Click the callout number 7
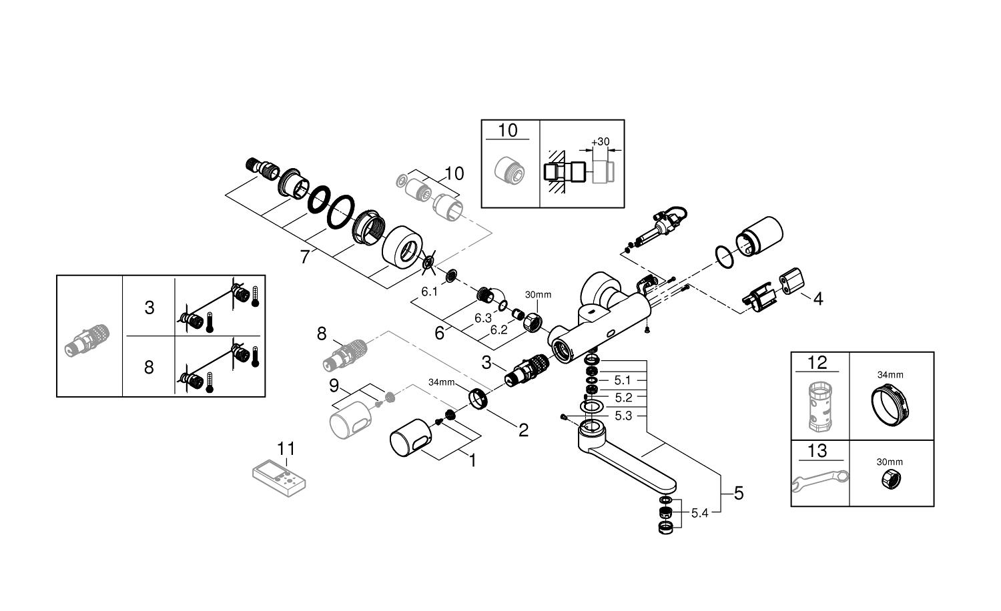pyautogui.click(x=305, y=255)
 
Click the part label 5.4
pyautogui.click(x=699, y=513)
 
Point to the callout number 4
pyautogui.click(x=817, y=298)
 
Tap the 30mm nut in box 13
pyautogui.click(x=890, y=480)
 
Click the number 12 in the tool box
pyautogui.click(x=817, y=363)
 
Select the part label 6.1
pyautogui.click(x=429, y=291)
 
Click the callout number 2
pyautogui.click(x=523, y=430)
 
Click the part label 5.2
pyautogui.click(x=623, y=398)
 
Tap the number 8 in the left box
pyautogui.click(x=149, y=367)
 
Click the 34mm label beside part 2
pyautogui.click(x=442, y=383)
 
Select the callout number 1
pyautogui.click(x=472, y=460)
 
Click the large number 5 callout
pyautogui.click(x=739, y=494)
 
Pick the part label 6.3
pyautogui.click(x=483, y=318)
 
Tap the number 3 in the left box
pyautogui.click(x=149, y=308)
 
